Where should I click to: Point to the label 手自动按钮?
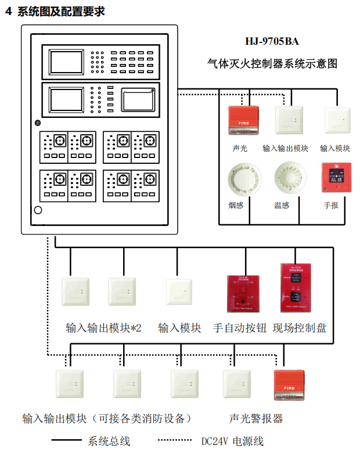[x=240, y=328]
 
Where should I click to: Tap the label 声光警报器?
[x=256, y=418]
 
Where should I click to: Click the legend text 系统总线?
[x=109, y=441]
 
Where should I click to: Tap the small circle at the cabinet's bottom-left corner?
[x=38, y=210]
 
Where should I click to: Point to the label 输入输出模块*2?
[x=103, y=328]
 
